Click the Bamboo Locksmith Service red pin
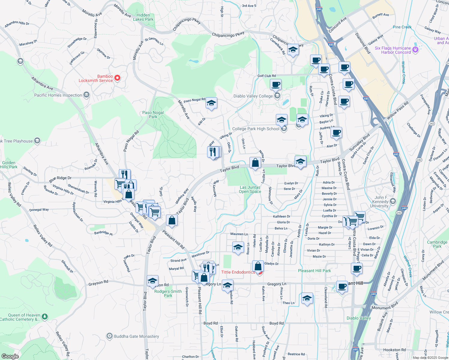117,78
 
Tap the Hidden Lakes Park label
143,17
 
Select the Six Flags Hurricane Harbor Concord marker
415,50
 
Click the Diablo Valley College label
253,96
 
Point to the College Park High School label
256,129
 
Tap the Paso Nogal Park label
153,115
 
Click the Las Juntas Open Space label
250,189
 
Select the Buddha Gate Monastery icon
110,336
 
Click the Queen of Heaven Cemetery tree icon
45,316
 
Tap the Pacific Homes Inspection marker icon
86,95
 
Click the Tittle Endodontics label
238,272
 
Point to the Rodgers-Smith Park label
168,293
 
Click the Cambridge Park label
437,244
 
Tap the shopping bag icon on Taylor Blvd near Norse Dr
255,163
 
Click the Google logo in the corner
10,356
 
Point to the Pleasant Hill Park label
314,271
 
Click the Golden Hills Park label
9,165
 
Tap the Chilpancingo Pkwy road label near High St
228,35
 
